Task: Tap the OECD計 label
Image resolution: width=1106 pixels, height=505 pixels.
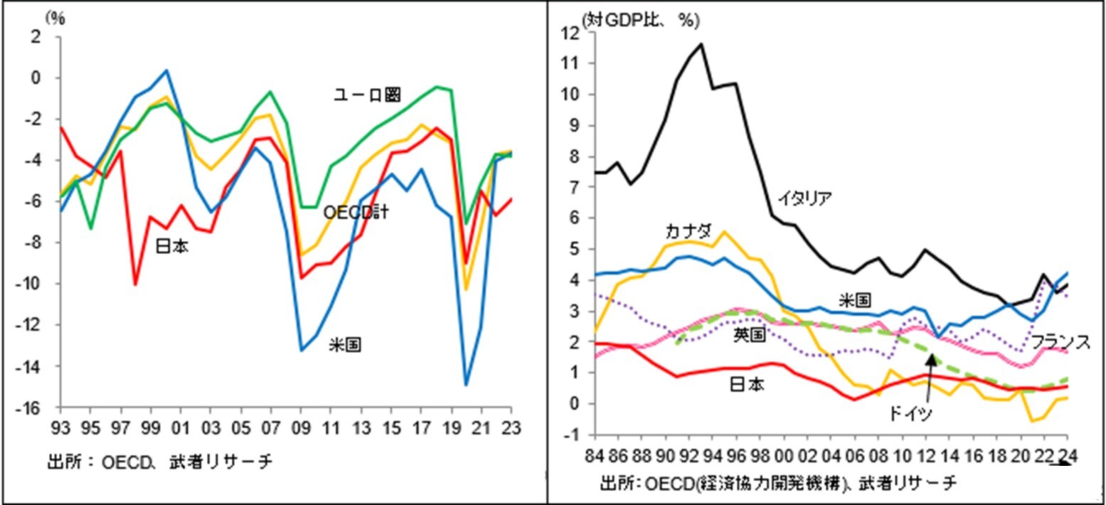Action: (356, 212)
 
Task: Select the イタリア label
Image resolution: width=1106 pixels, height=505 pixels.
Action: (804, 198)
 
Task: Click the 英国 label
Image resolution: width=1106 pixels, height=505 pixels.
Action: (749, 335)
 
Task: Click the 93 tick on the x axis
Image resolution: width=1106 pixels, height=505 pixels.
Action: (61, 429)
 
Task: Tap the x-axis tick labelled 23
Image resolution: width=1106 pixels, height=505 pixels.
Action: (511, 429)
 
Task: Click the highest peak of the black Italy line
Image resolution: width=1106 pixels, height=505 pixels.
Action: (701, 44)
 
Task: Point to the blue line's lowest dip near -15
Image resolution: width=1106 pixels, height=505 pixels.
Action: (467, 385)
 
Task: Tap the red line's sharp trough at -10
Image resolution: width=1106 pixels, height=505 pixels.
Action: (134, 285)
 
